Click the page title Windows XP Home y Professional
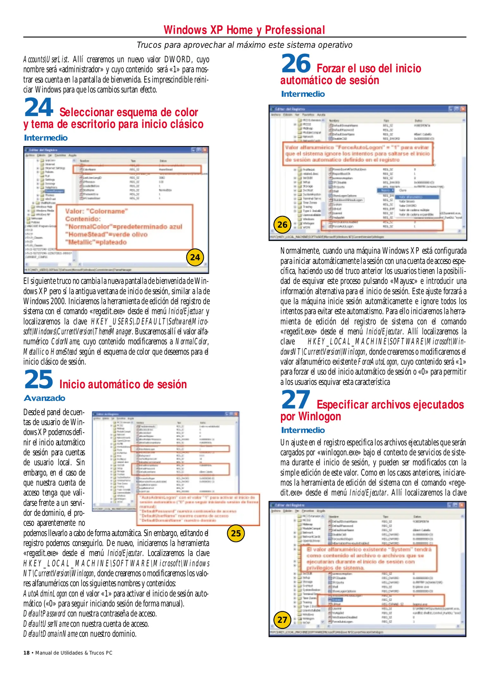pyautogui.click(x=244, y=30)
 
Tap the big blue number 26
pyautogui.click(x=296, y=64)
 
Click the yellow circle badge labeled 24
pyautogui.click(x=195, y=257)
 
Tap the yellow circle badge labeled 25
pyautogui.click(x=236, y=533)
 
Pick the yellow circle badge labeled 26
pyautogui.click(x=282, y=225)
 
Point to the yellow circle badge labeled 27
pyautogui.click(x=282, y=620)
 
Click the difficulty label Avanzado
pyautogui.click(x=45, y=398)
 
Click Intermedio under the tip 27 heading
pyautogui.click(x=303, y=430)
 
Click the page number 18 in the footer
pyautogui.click(x=26, y=653)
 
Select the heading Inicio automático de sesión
pyautogui.click(x=123, y=384)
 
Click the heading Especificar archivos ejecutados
pyautogui.click(x=390, y=404)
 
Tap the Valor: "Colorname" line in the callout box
pyautogui.click(x=96, y=211)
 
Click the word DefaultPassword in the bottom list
pyautogui.click(x=44, y=614)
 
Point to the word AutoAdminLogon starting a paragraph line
pyautogui.click(x=45, y=594)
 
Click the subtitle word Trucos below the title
pyautogui.click(x=149, y=45)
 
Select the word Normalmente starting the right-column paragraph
pyautogui.click(x=300, y=251)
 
